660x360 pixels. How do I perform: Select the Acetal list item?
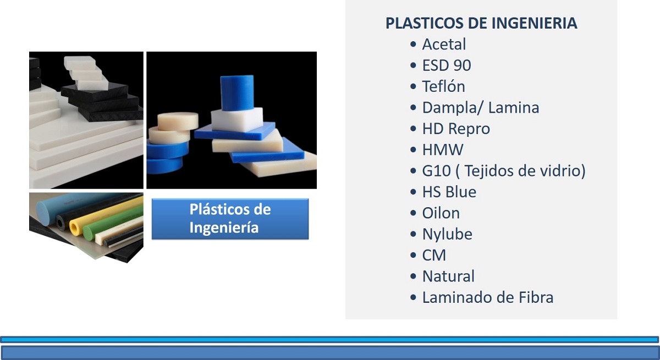(444, 44)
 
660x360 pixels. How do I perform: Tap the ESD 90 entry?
(447, 65)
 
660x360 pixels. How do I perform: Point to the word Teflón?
(443, 86)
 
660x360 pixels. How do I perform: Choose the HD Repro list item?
(456, 129)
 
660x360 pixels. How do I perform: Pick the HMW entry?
(443, 149)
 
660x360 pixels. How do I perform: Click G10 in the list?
(436, 171)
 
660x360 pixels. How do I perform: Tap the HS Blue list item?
(449, 192)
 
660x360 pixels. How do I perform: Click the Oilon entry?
(441, 213)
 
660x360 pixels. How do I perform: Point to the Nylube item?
(447, 234)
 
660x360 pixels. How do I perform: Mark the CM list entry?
(434, 255)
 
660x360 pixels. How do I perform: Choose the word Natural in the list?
(448, 276)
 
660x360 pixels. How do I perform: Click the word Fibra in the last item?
(536, 297)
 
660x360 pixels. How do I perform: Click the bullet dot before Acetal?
(413, 45)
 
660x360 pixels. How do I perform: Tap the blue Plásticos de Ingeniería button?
(230, 219)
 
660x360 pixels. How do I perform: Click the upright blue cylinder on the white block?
(237, 93)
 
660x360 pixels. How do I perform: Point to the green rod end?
(89, 233)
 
